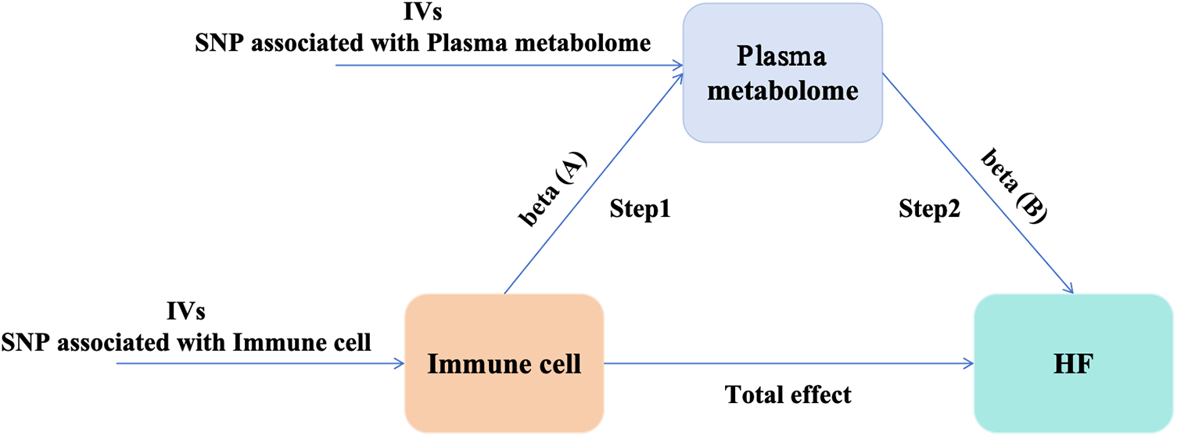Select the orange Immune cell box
(x=504, y=365)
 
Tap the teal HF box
(x=1073, y=363)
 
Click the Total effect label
(x=788, y=395)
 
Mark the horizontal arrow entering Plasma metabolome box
(x=508, y=65)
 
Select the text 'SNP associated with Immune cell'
(x=186, y=341)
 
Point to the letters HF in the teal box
(x=1072, y=364)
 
